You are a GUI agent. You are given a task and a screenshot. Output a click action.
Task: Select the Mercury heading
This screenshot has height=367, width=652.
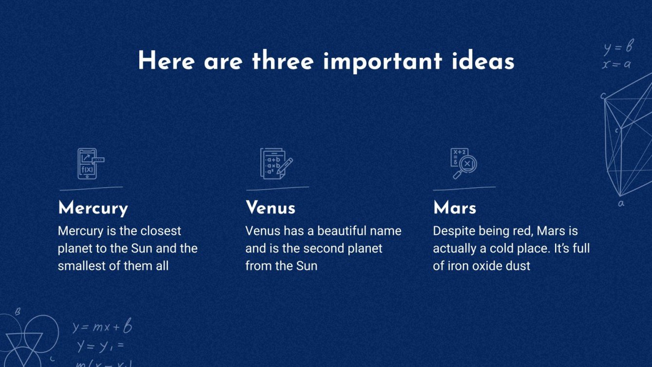tap(93, 208)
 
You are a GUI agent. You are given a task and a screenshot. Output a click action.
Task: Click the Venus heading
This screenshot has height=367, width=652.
tap(270, 208)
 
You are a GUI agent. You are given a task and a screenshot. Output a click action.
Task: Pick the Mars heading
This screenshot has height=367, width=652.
tap(455, 208)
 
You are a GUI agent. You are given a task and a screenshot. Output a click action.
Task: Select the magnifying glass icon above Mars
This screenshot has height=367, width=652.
tap(463, 164)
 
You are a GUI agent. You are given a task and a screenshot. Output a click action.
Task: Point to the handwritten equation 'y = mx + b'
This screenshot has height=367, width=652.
tap(102, 327)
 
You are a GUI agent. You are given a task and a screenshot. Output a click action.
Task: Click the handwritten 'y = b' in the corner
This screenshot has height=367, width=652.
tap(618, 47)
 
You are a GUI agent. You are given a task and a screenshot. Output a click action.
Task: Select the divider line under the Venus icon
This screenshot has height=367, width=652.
tap(277, 188)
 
